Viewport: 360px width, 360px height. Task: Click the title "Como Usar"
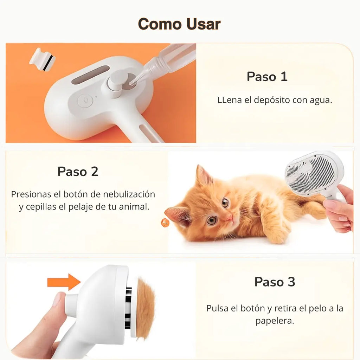(x=179, y=24)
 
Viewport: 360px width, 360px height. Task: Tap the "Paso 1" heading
(x=267, y=76)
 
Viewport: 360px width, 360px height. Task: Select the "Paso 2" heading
(x=78, y=172)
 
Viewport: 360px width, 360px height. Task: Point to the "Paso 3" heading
(x=275, y=282)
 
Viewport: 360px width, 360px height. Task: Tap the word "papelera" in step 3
(x=274, y=321)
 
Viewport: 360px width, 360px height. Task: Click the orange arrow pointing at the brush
(x=64, y=282)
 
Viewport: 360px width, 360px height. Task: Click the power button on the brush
(x=85, y=101)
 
